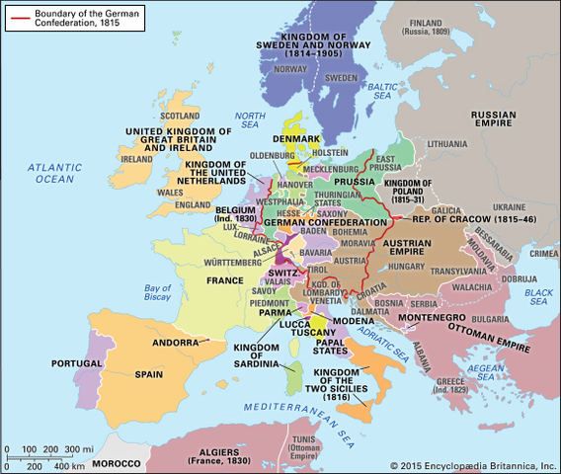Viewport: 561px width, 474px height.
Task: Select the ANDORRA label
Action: pyautogui.click(x=176, y=343)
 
